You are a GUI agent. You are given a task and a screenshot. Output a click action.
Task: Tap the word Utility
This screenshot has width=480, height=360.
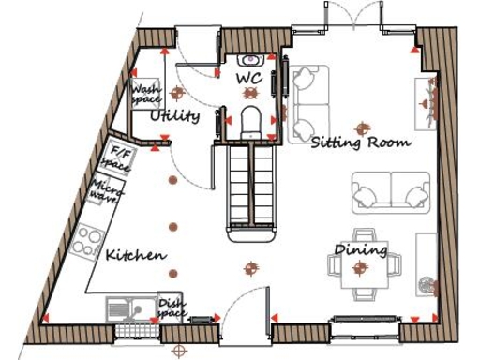point(175,116)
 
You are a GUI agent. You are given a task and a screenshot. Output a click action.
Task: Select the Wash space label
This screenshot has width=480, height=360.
point(145,95)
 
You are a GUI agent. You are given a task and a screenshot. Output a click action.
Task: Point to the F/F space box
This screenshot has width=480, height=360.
point(120,157)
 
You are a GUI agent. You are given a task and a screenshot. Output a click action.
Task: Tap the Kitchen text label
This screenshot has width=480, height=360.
point(136,255)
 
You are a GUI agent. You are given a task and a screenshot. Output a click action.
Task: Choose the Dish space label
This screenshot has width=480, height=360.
point(171,307)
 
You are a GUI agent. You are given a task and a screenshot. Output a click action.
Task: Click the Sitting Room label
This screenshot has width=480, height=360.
point(361,142)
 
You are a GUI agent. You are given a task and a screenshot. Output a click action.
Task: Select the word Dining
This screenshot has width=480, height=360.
point(361,250)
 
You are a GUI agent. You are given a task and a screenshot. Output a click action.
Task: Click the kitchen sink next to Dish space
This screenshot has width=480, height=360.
point(129,308)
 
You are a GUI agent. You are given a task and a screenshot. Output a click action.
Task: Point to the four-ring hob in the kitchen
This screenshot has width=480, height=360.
point(88,241)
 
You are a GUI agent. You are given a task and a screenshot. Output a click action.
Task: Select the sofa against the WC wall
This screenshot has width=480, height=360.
point(308,101)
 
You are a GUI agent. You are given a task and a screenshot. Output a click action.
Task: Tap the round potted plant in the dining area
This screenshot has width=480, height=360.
point(427,283)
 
